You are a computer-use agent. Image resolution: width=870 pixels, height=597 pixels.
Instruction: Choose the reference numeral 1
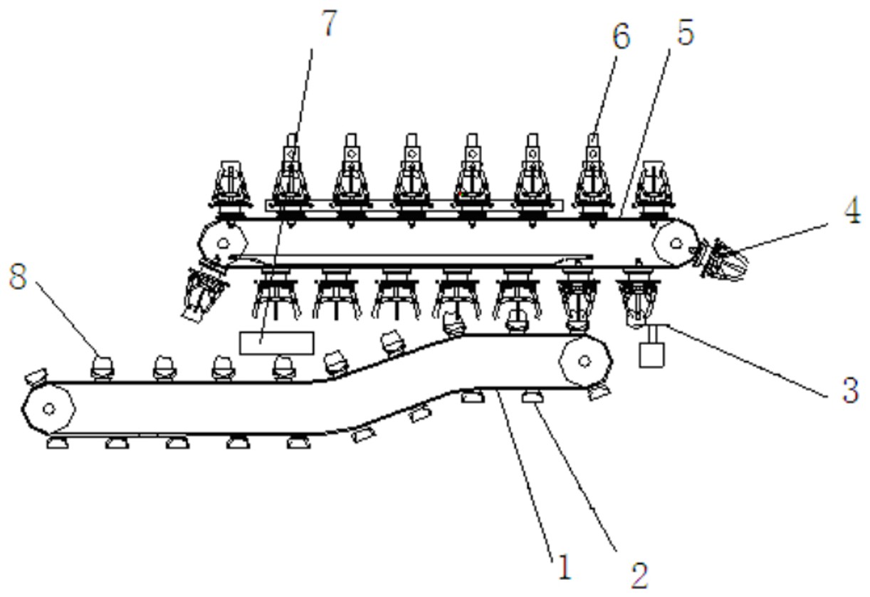pyautogui.click(x=564, y=569)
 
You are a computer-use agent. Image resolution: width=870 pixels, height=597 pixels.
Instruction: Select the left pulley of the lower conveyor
pyautogui.click(x=48, y=409)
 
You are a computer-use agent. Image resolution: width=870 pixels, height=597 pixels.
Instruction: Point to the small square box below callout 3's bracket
pyautogui.click(x=651, y=355)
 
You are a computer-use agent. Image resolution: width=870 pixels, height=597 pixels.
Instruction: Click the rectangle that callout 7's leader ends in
pyautogui.click(x=277, y=343)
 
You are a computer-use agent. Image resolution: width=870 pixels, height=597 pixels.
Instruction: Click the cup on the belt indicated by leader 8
pyautogui.click(x=103, y=365)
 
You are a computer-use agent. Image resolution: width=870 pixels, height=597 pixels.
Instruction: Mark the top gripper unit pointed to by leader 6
pyautogui.click(x=593, y=178)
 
